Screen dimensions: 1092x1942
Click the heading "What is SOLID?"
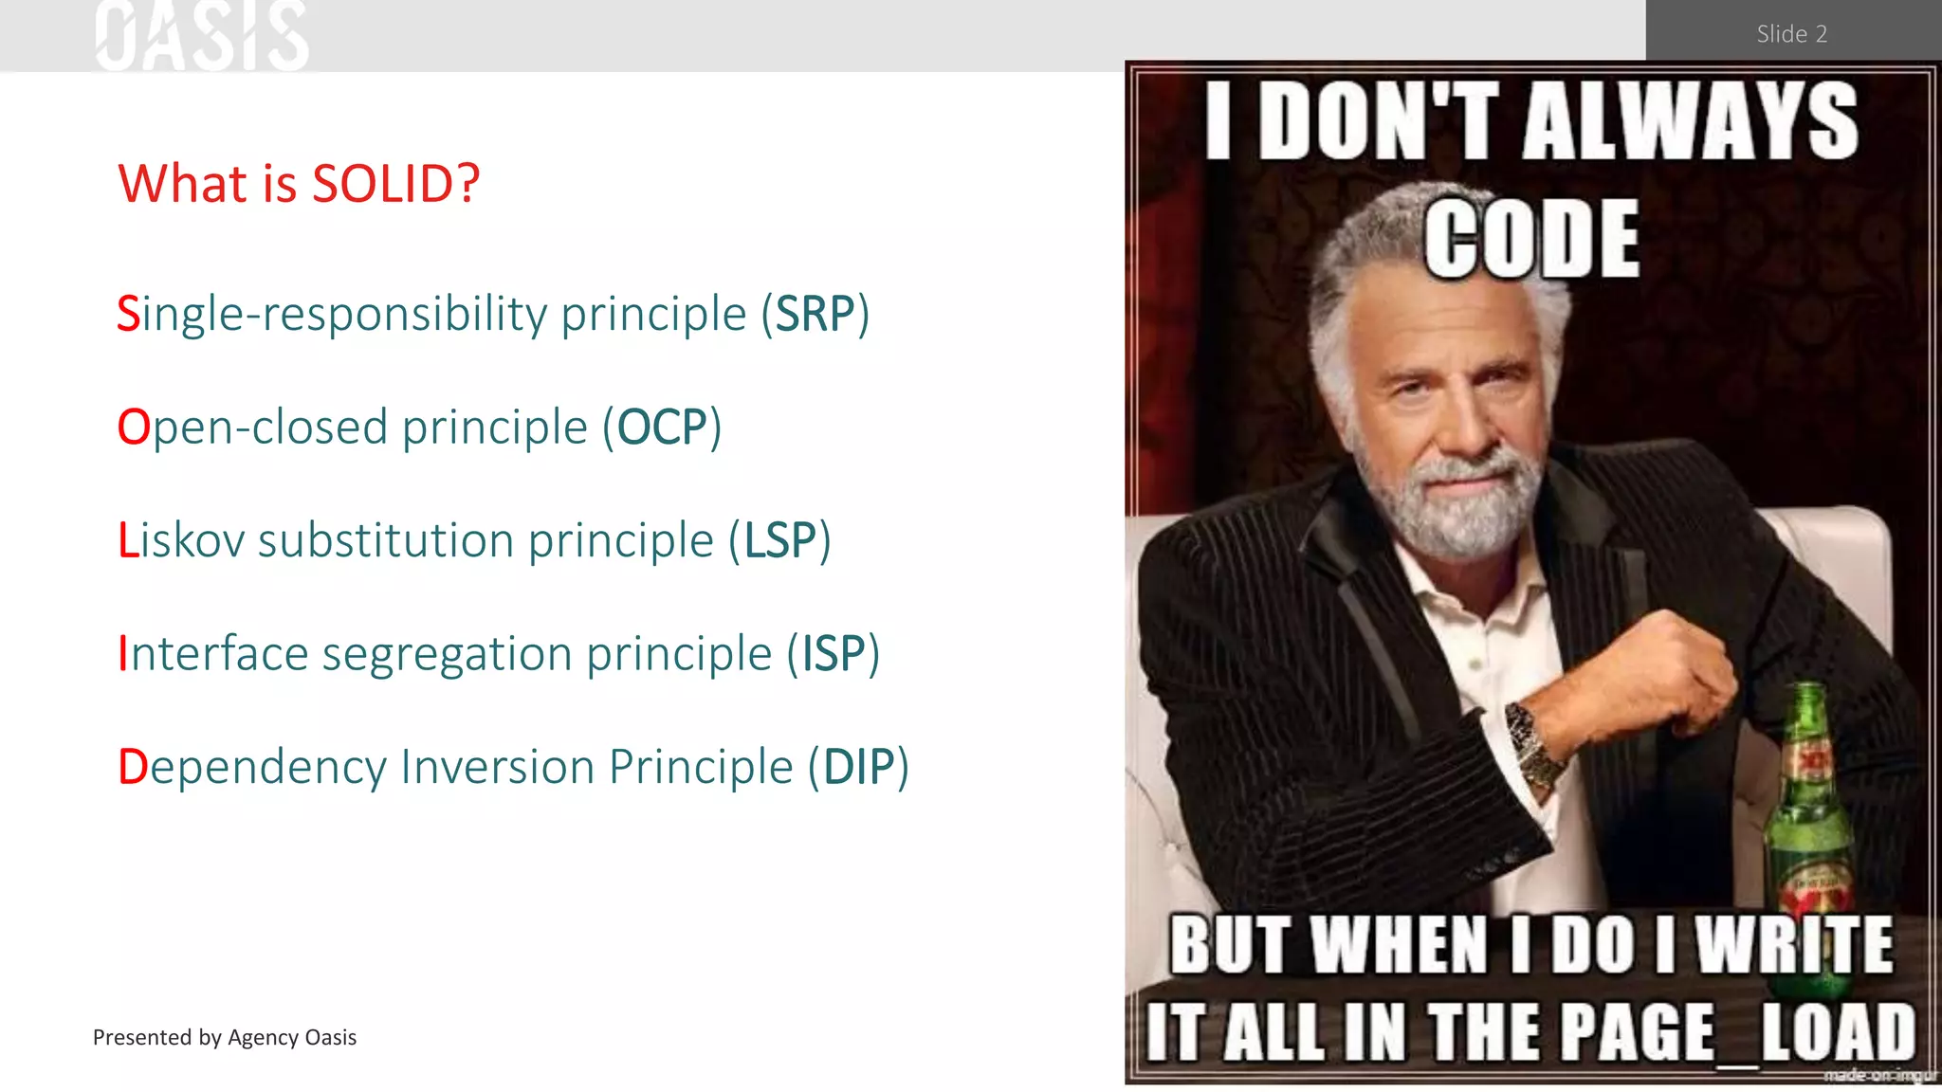[x=299, y=183]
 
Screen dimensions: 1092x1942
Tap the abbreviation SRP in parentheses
[x=815, y=314]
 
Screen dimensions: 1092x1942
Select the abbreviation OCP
[x=662, y=428]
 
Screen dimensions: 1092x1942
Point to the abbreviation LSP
[x=779, y=540]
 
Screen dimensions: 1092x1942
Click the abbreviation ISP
[x=834, y=654]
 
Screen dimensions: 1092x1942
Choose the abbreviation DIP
[x=858, y=767]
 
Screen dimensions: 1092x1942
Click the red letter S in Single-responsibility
[x=128, y=314]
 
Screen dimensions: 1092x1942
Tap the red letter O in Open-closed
[x=134, y=428]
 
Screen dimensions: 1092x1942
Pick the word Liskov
[x=181, y=540]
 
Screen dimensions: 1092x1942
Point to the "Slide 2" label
[x=1791, y=34]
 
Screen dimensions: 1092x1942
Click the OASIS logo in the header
[x=202, y=36]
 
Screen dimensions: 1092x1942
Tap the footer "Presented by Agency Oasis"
[x=225, y=1037]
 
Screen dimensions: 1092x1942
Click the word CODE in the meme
[x=1531, y=239]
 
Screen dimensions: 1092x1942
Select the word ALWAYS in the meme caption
[x=1690, y=120]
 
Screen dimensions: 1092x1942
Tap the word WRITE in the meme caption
[x=1794, y=944]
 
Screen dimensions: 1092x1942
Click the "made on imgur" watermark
[x=1879, y=1075]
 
